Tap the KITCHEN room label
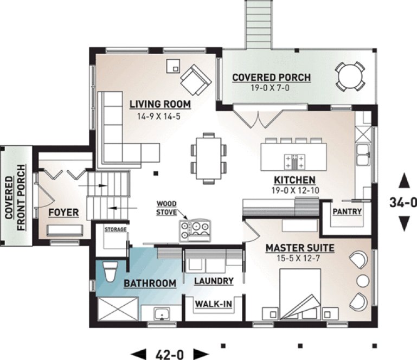pos(294,179)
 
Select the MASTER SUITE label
pos(299,248)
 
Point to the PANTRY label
pos(347,211)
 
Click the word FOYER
pos(63,212)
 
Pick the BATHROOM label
pos(150,283)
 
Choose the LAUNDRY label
pos(213,281)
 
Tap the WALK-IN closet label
pos(214,304)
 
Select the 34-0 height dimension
pos(403,203)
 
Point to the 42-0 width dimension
pos(169,355)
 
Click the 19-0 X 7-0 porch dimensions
pos(271,87)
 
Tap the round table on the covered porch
pos(350,76)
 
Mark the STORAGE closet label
pos(116,229)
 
